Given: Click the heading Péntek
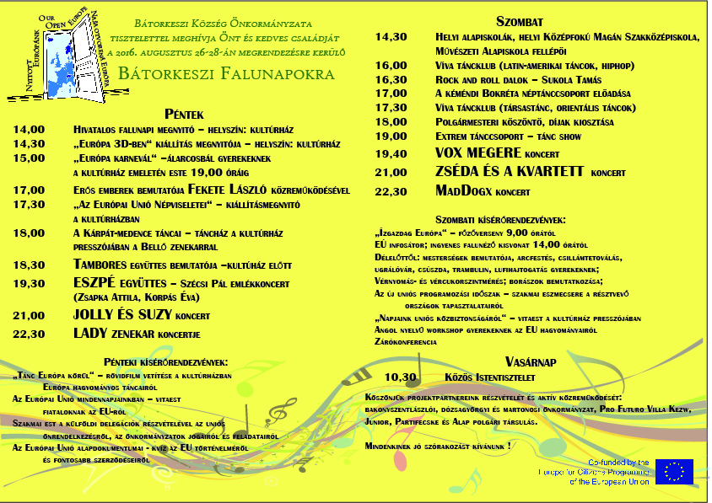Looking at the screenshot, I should (x=185, y=114).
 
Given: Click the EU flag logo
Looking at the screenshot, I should (x=674, y=472).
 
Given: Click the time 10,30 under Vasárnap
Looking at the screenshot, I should (x=401, y=377).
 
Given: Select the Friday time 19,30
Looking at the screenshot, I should (x=29, y=284).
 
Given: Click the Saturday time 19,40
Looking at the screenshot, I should (x=391, y=154).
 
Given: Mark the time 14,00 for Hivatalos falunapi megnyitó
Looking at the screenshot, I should (x=29, y=130).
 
